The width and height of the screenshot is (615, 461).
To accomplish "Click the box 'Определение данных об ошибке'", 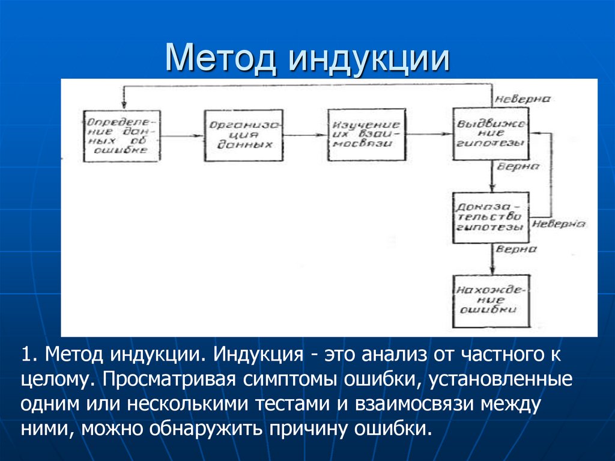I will pos(122,135).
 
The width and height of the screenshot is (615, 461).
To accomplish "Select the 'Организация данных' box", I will pos(243,135).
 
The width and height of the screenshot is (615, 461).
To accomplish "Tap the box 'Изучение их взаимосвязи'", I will pos(366,135).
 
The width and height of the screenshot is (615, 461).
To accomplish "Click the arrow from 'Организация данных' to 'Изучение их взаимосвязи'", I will pos(304,136).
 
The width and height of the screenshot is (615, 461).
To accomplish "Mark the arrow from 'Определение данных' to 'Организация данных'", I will pos(182,136).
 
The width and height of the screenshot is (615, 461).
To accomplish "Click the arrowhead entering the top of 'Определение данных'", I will pos(123,106).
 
